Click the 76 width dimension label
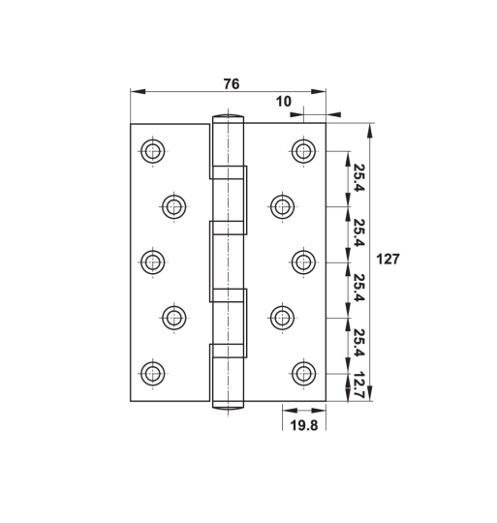click(x=231, y=84)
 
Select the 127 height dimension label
click(x=388, y=260)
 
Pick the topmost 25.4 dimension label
click(x=357, y=178)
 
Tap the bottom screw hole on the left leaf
click(x=152, y=373)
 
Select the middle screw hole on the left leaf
click(x=152, y=261)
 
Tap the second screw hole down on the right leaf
click(x=282, y=205)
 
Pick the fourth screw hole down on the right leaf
click(x=282, y=317)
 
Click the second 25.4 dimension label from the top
click(x=357, y=233)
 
